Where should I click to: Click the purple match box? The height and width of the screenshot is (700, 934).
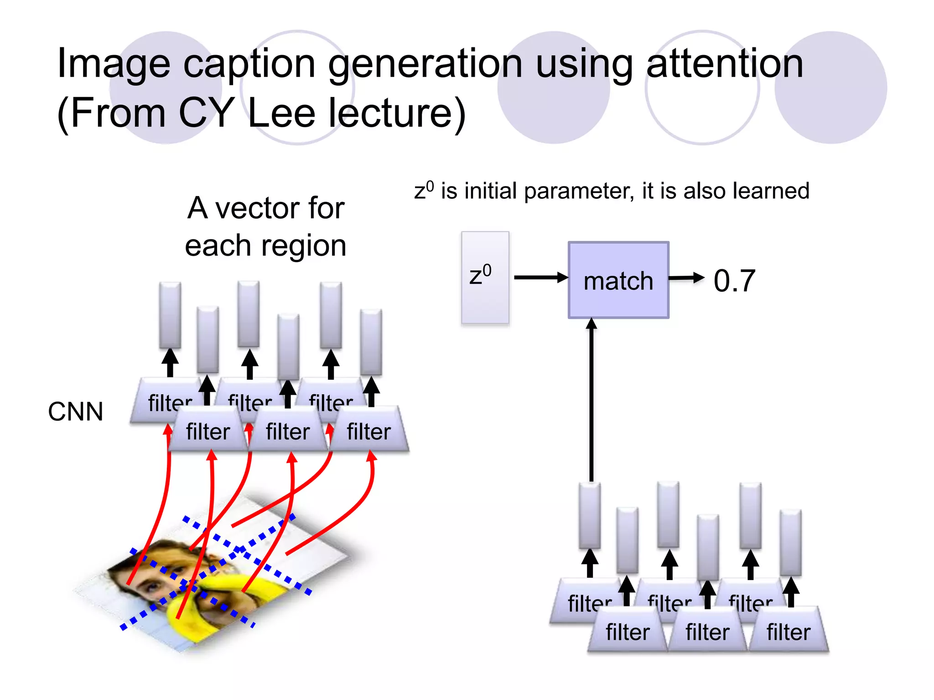618,280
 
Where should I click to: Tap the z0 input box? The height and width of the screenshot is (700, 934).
485,278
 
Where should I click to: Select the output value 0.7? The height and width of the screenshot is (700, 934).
734,281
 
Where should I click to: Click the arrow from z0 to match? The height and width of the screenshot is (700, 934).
540,278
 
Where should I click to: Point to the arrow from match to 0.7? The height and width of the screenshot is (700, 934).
686,278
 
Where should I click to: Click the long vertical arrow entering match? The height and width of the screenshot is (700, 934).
592,401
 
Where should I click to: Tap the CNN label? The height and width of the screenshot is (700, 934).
76,412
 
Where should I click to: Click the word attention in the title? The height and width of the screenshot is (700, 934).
725,64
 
